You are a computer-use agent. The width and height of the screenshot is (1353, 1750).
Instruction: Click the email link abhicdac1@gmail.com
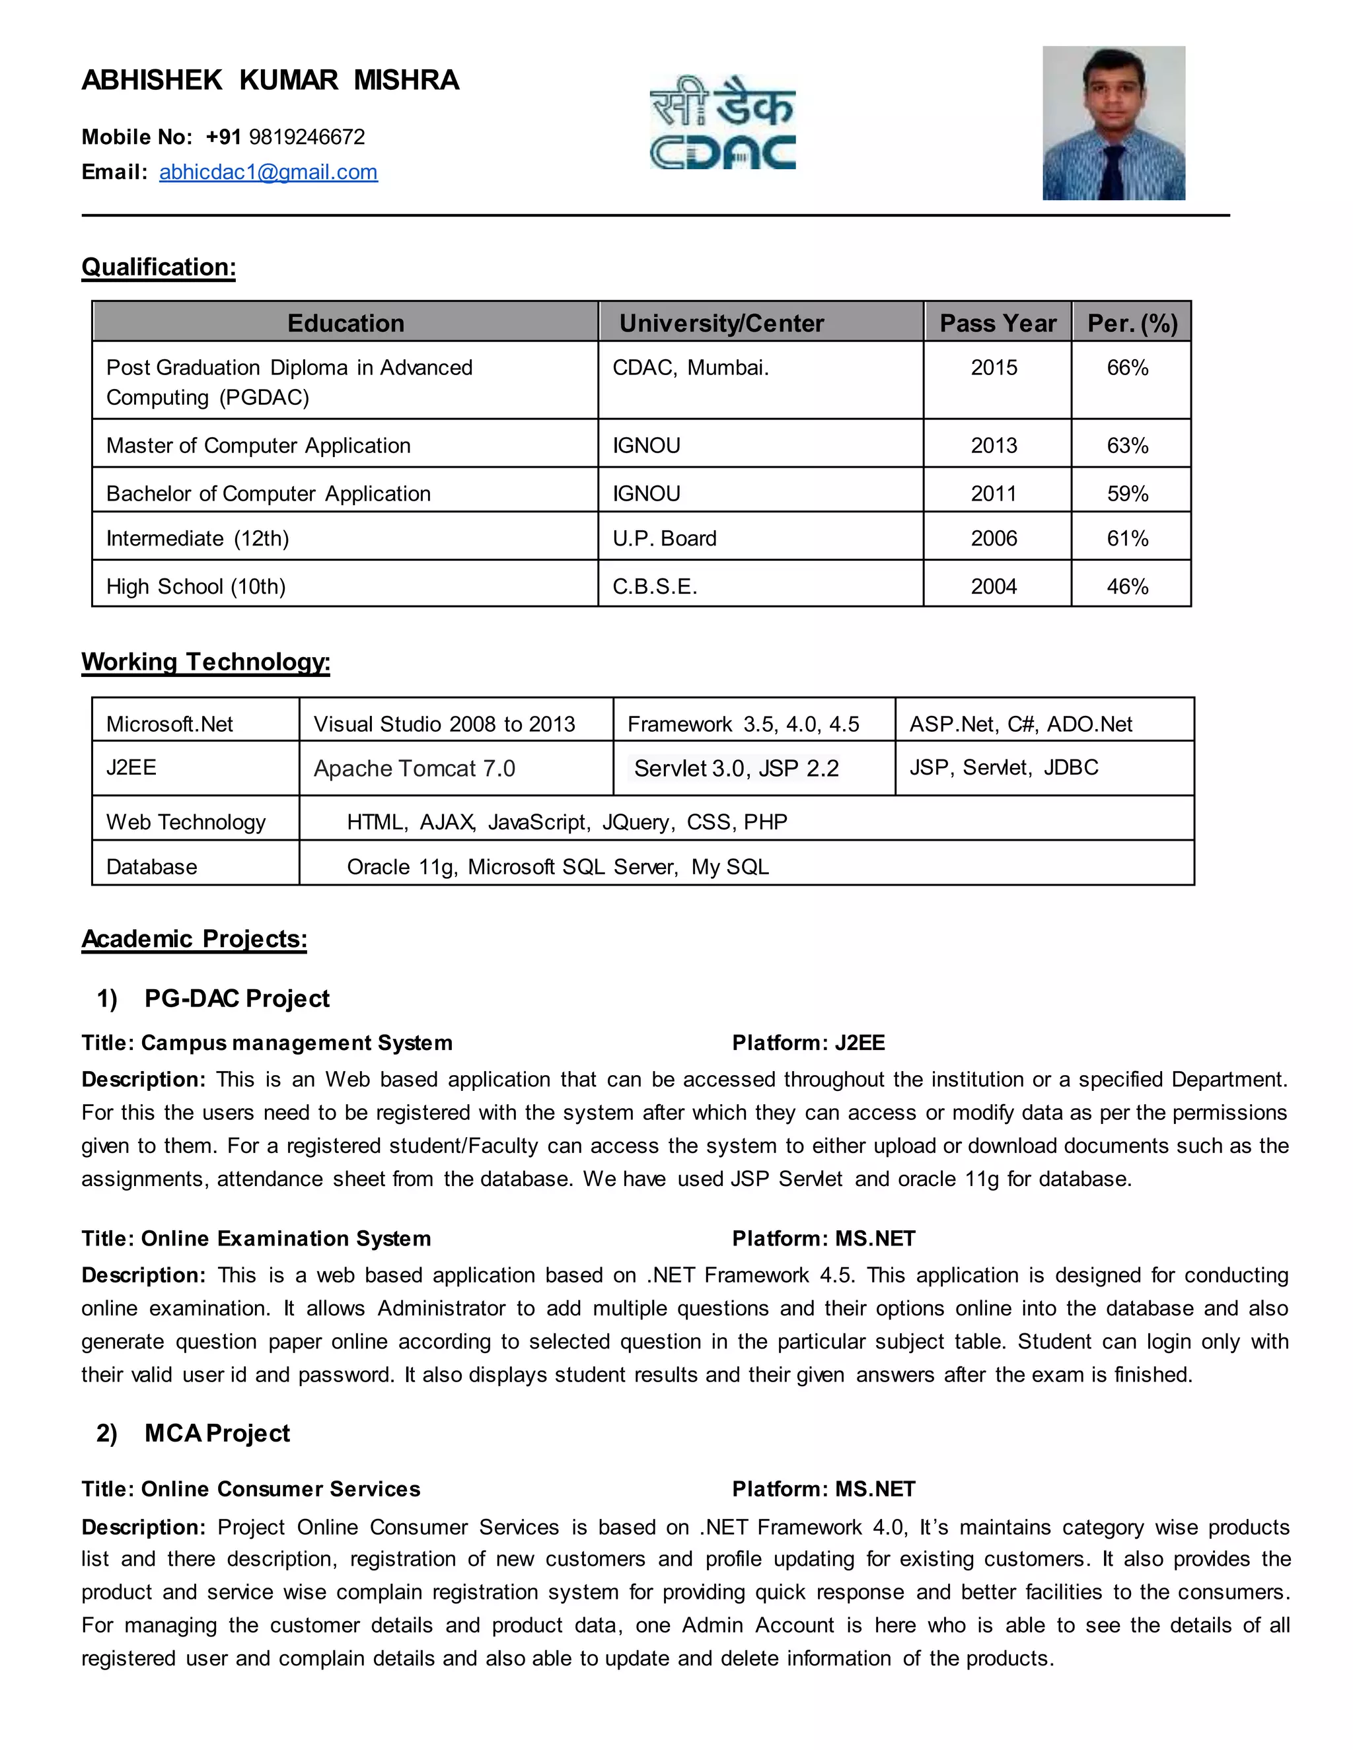coord(268,172)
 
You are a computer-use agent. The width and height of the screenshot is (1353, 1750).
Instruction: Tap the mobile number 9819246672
coord(307,137)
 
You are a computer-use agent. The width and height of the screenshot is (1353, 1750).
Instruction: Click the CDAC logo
coord(722,123)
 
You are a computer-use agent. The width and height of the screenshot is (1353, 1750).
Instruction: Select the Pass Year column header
coord(997,323)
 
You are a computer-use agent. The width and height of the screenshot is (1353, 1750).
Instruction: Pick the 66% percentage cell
coord(1127,368)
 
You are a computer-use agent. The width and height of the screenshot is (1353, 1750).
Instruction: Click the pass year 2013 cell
coord(994,446)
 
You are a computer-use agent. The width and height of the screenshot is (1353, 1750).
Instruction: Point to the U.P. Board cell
coord(665,538)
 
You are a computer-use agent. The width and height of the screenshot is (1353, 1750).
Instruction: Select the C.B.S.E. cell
coord(655,586)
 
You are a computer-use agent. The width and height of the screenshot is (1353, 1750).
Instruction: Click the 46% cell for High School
coord(1127,586)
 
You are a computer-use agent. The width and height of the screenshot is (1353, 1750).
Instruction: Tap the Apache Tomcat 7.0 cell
coord(414,769)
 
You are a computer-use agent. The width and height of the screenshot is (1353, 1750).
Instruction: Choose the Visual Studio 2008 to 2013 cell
coord(444,724)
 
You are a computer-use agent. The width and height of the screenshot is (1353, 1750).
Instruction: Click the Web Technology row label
coord(186,822)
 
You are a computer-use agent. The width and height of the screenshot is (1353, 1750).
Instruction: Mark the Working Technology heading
coord(205,662)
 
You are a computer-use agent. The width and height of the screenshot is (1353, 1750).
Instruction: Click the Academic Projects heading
coord(194,938)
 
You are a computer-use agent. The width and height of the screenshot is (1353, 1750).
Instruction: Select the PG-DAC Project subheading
coord(237,998)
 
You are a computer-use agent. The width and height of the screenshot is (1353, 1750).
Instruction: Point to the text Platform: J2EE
coord(808,1043)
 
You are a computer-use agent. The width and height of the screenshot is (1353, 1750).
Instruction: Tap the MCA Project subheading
coord(217,1433)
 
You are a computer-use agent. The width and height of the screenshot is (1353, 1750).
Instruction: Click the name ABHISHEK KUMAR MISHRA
coord(270,80)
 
